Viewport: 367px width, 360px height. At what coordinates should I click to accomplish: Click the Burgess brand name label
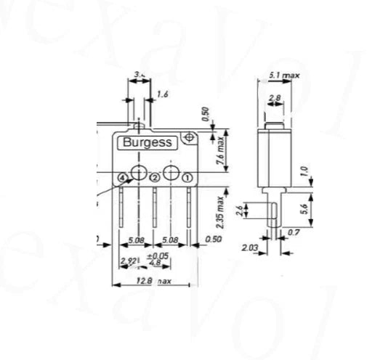[x=147, y=142]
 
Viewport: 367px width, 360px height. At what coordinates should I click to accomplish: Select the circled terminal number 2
[x=155, y=178]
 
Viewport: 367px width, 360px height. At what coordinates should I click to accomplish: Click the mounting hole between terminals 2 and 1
[x=171, y=172]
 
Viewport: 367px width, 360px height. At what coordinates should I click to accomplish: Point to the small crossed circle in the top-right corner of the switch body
[x=190, y=136]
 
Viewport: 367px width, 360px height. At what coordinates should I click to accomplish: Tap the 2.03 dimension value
[x=249, y=247]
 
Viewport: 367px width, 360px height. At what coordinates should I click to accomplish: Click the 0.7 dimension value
[x=293, y=232]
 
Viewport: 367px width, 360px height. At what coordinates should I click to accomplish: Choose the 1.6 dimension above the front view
[x=162, y=95]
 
